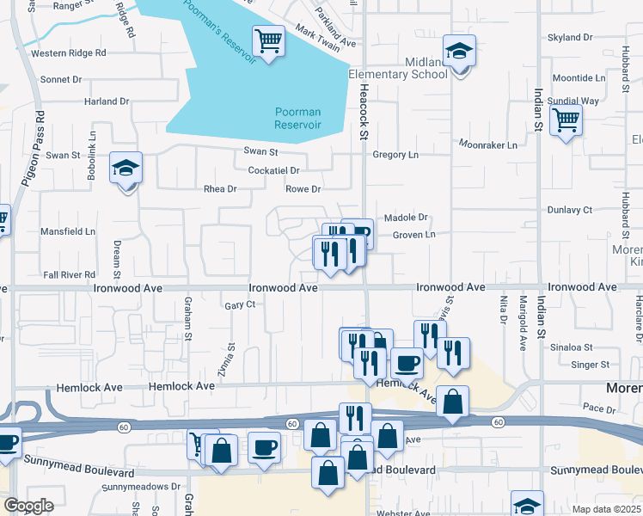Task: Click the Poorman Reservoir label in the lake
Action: [297, 118]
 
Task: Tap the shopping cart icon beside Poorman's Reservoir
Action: [268, 40]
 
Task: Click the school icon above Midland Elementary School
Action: [460, 51]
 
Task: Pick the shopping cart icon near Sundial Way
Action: [566, 120]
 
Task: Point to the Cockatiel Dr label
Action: [273, 170]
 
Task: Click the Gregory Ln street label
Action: [395, 155]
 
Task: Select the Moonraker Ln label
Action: [488, 145]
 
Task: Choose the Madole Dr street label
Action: [409, 218]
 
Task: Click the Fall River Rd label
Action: [69, 274]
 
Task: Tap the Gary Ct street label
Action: [240, 304]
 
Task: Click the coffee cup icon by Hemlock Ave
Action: [407, 363]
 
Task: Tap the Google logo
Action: [29, 506]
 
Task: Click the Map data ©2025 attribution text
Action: [606, 509]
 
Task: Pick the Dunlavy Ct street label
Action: [570, 210]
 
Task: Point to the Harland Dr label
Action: [107, 101]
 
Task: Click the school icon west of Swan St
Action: [126, 169]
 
